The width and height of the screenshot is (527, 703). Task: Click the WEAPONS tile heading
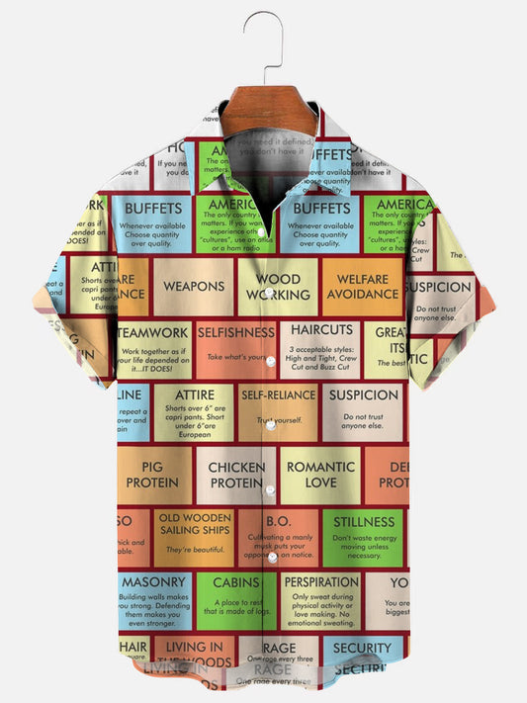click(x=194, y=287)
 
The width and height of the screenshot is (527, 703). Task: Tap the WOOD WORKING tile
click(x=278, y=287)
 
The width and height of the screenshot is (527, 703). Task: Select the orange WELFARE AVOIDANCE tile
click(x=362, y=287)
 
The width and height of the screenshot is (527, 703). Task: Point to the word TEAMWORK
click(x=154, y=333)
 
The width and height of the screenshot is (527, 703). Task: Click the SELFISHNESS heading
click(x=236, y=333)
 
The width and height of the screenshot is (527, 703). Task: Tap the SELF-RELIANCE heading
click(x=278, y=395)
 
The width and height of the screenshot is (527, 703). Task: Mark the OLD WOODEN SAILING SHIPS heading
click(x=194, y=524)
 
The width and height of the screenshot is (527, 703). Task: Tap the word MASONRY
click(x=153, y=582)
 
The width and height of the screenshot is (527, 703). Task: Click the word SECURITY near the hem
click(x=363, y=649)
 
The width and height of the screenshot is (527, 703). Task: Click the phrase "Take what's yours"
click(x=237, y=357)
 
